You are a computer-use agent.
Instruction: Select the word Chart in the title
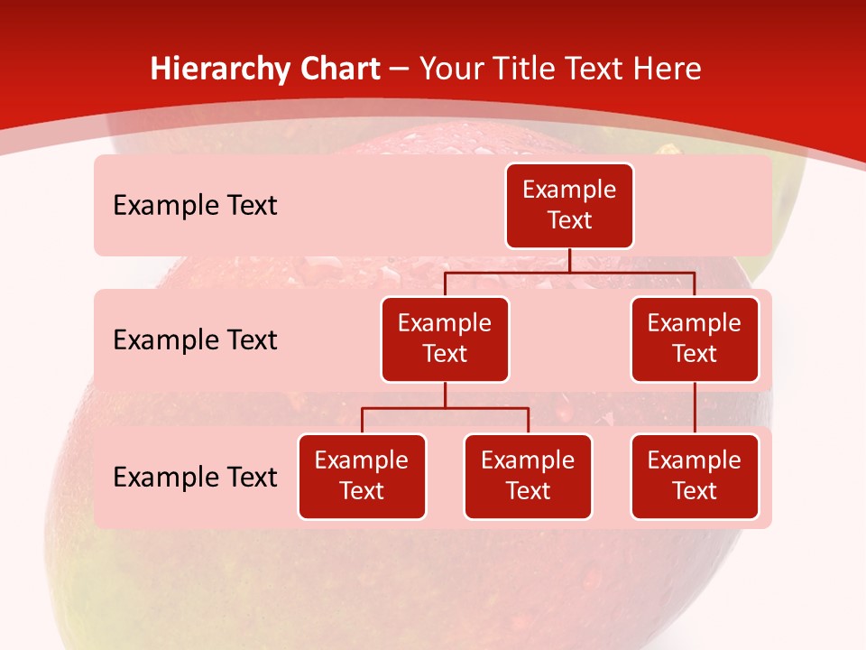341,69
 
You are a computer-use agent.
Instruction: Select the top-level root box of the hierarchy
569,206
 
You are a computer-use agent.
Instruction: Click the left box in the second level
445,339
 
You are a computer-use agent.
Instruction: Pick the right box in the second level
695,339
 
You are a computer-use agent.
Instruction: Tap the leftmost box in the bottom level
362,477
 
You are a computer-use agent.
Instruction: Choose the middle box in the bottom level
528,477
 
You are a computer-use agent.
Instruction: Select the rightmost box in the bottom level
695,477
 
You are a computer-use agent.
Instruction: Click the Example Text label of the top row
195,206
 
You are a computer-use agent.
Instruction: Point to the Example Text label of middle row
195,340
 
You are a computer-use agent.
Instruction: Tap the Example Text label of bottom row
195,478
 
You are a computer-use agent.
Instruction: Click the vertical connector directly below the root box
569,260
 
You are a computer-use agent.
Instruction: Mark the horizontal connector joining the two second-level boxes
569,272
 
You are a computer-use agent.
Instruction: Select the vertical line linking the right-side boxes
695,408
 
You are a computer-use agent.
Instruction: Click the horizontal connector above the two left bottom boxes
445,408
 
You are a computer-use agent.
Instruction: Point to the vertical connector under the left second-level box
445,395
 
